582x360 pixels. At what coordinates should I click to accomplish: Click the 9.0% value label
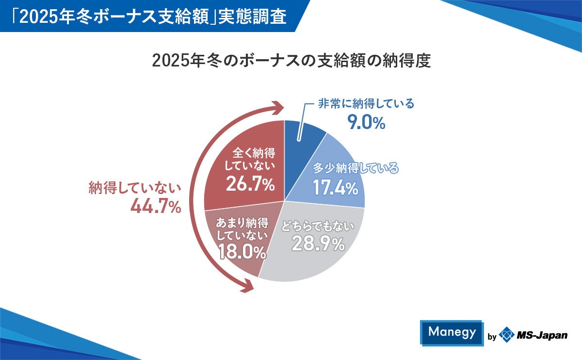tap(366, 123)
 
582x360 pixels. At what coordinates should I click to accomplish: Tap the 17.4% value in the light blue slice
tap(335, 187)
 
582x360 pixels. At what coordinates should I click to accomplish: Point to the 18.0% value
tap(242, 252)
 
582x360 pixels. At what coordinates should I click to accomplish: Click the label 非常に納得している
tap(366, 104)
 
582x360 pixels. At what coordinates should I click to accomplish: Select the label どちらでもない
tap(318, 226)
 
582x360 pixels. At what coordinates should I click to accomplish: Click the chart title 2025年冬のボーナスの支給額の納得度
tap(291, 62)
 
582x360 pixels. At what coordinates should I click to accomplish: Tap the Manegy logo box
tap(452, 332)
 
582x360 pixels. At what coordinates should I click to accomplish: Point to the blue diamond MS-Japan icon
tap(507, 335)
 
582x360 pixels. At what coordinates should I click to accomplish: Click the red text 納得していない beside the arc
tap(135, 188)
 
